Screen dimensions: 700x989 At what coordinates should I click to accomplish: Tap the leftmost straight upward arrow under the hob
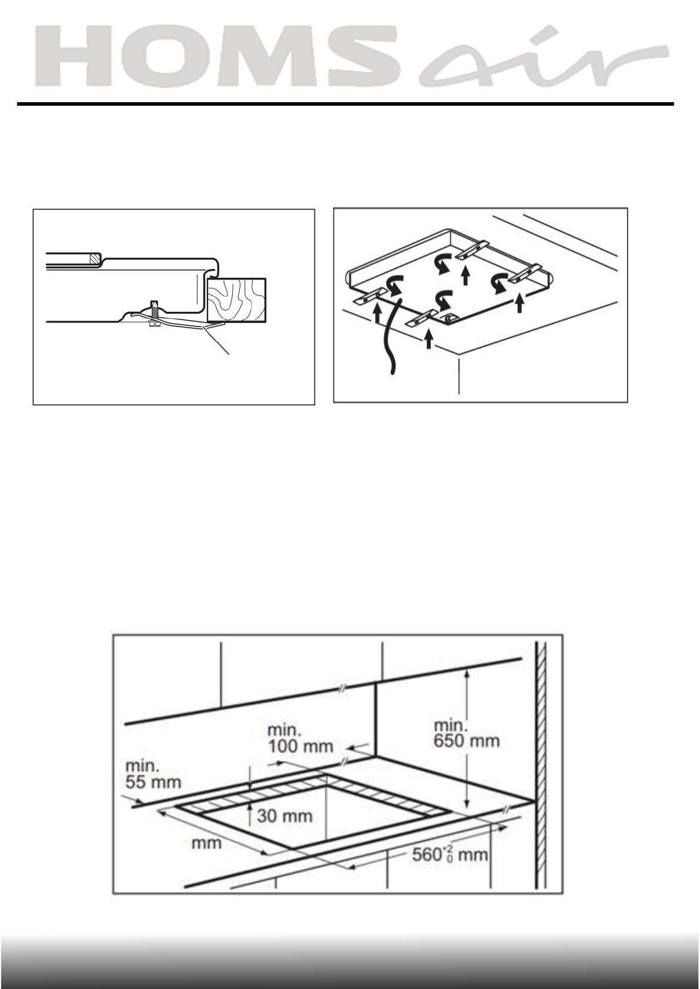pos(377,315)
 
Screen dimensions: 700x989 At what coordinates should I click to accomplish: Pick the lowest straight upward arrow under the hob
pos(428,339)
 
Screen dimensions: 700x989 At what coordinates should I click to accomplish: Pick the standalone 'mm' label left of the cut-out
pos(207,843)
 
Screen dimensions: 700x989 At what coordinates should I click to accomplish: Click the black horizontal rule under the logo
pos(345,105)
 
